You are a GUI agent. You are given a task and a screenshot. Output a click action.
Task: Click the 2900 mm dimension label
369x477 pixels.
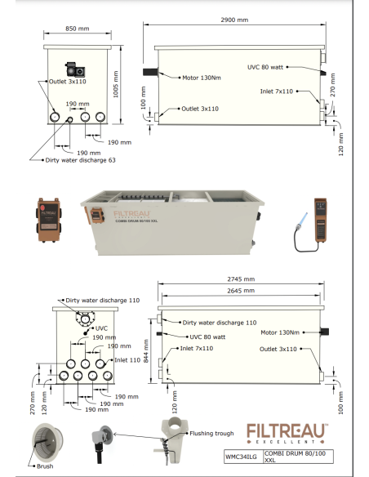pyautogui.click(x=234, y=20)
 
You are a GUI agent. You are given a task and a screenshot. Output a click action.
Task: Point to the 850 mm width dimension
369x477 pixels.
pyautogui.click(x=78, y=29)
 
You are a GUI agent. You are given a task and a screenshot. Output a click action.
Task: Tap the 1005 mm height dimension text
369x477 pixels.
pyautogui.click(x=116, y=84)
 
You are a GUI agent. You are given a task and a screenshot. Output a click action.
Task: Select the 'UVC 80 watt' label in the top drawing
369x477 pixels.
pyautogui.click(x=265, y=67)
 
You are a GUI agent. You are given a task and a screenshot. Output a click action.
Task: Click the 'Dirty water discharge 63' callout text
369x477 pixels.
pyautogui.click(x=80, y=160)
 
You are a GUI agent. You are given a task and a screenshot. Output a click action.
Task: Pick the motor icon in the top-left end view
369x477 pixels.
pyautogui.click(x=75, y=69)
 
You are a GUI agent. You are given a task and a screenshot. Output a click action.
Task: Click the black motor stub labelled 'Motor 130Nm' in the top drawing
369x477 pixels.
pyautogui.click(x=150, y=72)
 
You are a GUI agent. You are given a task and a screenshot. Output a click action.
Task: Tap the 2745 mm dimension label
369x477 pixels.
pyautogui.click(x=241, y=279)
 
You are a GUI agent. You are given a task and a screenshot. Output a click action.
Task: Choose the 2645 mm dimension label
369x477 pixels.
pyautogui.click(x=241, y=291)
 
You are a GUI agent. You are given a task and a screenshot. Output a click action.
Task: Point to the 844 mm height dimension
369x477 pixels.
pyautogui.click(x=146, y=351)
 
